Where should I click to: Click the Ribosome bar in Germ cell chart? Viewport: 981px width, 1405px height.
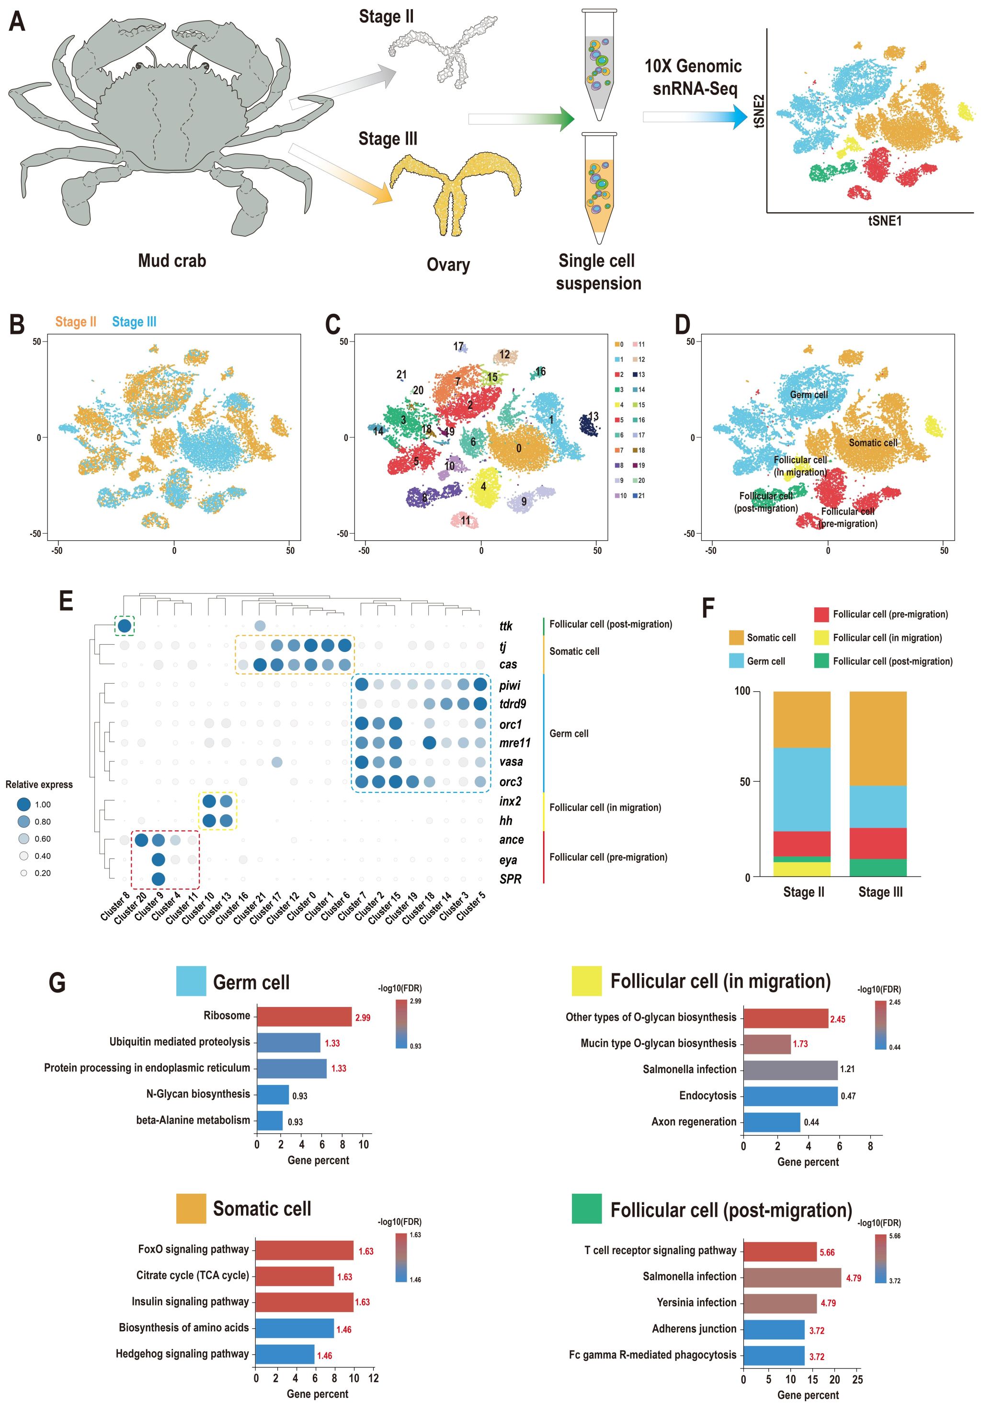304,1016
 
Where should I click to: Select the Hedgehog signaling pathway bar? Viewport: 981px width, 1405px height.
285,1354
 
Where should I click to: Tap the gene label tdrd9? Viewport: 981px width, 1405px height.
512,704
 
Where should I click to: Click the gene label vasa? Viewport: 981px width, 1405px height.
511,762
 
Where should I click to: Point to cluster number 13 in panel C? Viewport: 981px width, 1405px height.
593,417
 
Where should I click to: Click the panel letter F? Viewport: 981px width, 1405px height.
708,608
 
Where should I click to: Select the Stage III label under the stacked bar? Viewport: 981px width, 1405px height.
880,892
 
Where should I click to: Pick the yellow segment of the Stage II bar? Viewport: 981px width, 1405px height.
802,869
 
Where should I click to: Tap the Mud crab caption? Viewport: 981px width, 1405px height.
172,261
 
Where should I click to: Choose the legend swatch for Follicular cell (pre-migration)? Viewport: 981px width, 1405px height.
821,615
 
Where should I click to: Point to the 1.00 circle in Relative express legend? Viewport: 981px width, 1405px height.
24,805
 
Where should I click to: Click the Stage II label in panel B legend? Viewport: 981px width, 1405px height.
76,322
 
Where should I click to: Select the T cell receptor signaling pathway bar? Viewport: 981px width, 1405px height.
780,1251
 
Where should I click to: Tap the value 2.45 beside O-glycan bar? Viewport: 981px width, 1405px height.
837,1019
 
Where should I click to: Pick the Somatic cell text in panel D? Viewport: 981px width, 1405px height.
873,443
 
